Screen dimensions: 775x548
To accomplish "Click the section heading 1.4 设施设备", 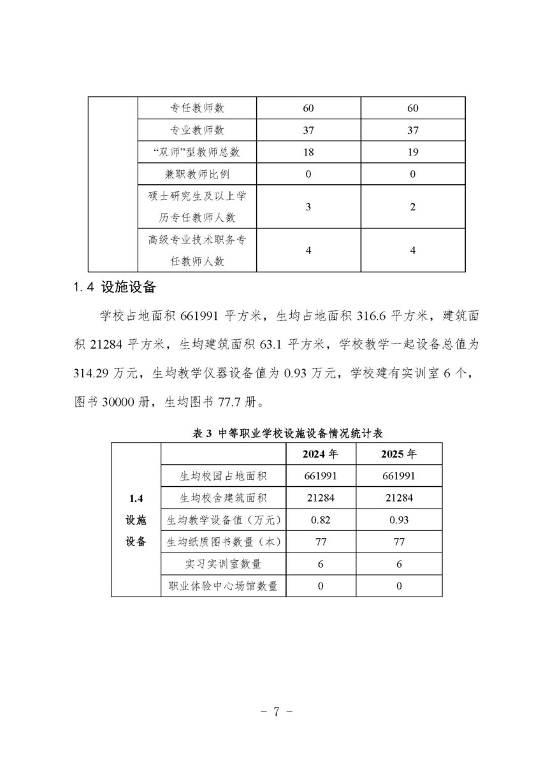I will tap(115, 287).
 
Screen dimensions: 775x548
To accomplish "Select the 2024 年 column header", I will tap(321, 454).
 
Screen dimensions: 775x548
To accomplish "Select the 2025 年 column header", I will tap(399, 454).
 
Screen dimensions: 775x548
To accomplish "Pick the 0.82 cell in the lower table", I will tap(321, 520).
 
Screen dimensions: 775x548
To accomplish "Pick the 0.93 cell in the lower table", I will tap(399, 520).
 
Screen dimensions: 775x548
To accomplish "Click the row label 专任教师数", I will tap(197, 108).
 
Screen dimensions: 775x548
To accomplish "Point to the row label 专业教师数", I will tap(197, 130).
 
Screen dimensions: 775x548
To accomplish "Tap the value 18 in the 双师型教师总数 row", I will tap(308, 152).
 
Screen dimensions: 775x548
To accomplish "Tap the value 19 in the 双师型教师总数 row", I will tap(413, 152).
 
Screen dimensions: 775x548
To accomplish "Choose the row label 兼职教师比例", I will tap(197, 174).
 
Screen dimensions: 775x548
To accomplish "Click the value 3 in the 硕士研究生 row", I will tap(308, 206).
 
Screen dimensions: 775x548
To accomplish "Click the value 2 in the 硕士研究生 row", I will tap(413, 206).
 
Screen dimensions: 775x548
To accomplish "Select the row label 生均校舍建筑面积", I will tap(223, 498).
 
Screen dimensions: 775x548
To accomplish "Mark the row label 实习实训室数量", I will tap(223, 564).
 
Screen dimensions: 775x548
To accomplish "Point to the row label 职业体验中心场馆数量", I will tap(223, 586).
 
